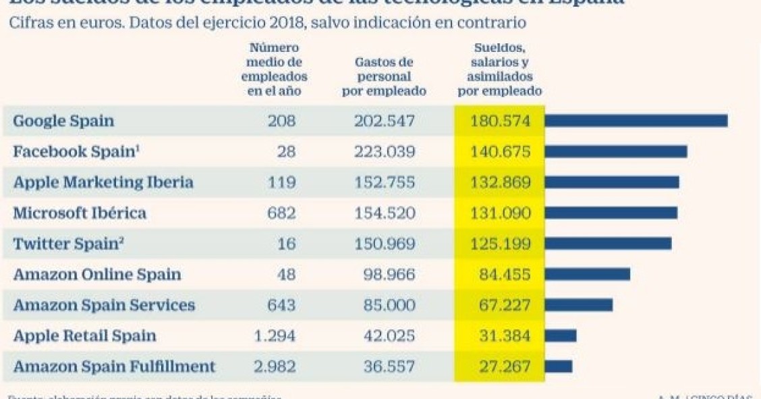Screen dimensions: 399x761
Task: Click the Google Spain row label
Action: [x=63, y=122]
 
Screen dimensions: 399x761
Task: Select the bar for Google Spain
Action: [x=636, y=121]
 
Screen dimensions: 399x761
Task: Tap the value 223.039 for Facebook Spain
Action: [x=385, y=152]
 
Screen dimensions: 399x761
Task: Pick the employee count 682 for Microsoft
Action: [x=281, y=213]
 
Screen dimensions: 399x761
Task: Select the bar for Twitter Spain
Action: [x=608, y=244]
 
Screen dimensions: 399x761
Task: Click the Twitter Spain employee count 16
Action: [x=286, y=244]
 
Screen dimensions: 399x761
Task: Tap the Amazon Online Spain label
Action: [x=97, y=275]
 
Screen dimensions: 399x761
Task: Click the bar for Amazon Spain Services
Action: [x=578, y=305]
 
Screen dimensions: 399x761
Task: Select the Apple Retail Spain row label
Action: [x=84, y=336]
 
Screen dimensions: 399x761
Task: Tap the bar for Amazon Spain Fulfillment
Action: [x=558, y=367]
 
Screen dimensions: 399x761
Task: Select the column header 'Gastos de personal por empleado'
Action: [x=384, y=76]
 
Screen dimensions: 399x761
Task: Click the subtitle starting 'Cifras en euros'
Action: [x=266, y=23]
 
